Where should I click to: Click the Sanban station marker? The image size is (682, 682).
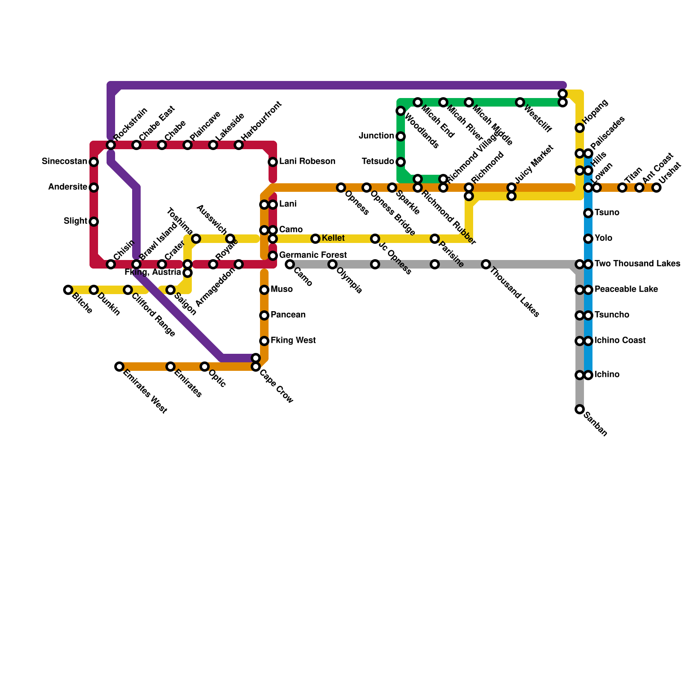coord(580,409)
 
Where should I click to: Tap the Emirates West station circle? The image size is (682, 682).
coord(119,367)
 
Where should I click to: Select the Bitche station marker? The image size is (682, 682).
coord(68,290)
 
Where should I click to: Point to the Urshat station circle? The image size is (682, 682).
coord(656,188)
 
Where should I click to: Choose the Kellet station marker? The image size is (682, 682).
coord(315,239)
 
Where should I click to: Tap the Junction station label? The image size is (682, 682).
coord(376,136)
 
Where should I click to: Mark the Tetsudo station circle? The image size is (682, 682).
coord(401,162)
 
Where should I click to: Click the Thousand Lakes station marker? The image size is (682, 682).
coord(486,264)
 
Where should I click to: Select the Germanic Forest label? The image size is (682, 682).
coord(313,255)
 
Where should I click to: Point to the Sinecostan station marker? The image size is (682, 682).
coord(94,162)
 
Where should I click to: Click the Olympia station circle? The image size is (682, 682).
coord(332,264)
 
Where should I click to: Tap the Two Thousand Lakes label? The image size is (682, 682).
coord(637,264)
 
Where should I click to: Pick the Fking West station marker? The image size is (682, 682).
coord(264,341)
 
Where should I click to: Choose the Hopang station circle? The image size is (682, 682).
coord(580,128)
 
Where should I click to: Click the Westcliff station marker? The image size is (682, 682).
coord(520,102)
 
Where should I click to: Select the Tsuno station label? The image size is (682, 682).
coord(607,213)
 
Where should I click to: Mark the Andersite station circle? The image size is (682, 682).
coord(94,188)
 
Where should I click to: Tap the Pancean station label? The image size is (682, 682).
coord(288,315)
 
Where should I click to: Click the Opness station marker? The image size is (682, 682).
coord(341,188)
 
